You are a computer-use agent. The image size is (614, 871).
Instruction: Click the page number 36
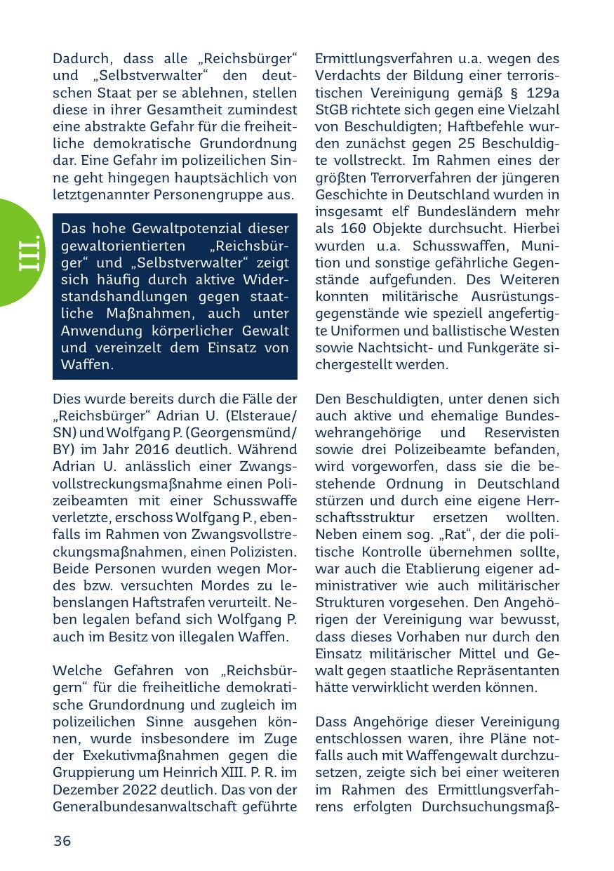pyautogui.click(x=62, y=841)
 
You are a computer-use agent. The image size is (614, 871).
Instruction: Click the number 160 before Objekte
pyautogui.click(x=353, y=230)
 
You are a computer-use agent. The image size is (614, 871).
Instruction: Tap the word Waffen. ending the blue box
pyautogui.click(x=88, y=365)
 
